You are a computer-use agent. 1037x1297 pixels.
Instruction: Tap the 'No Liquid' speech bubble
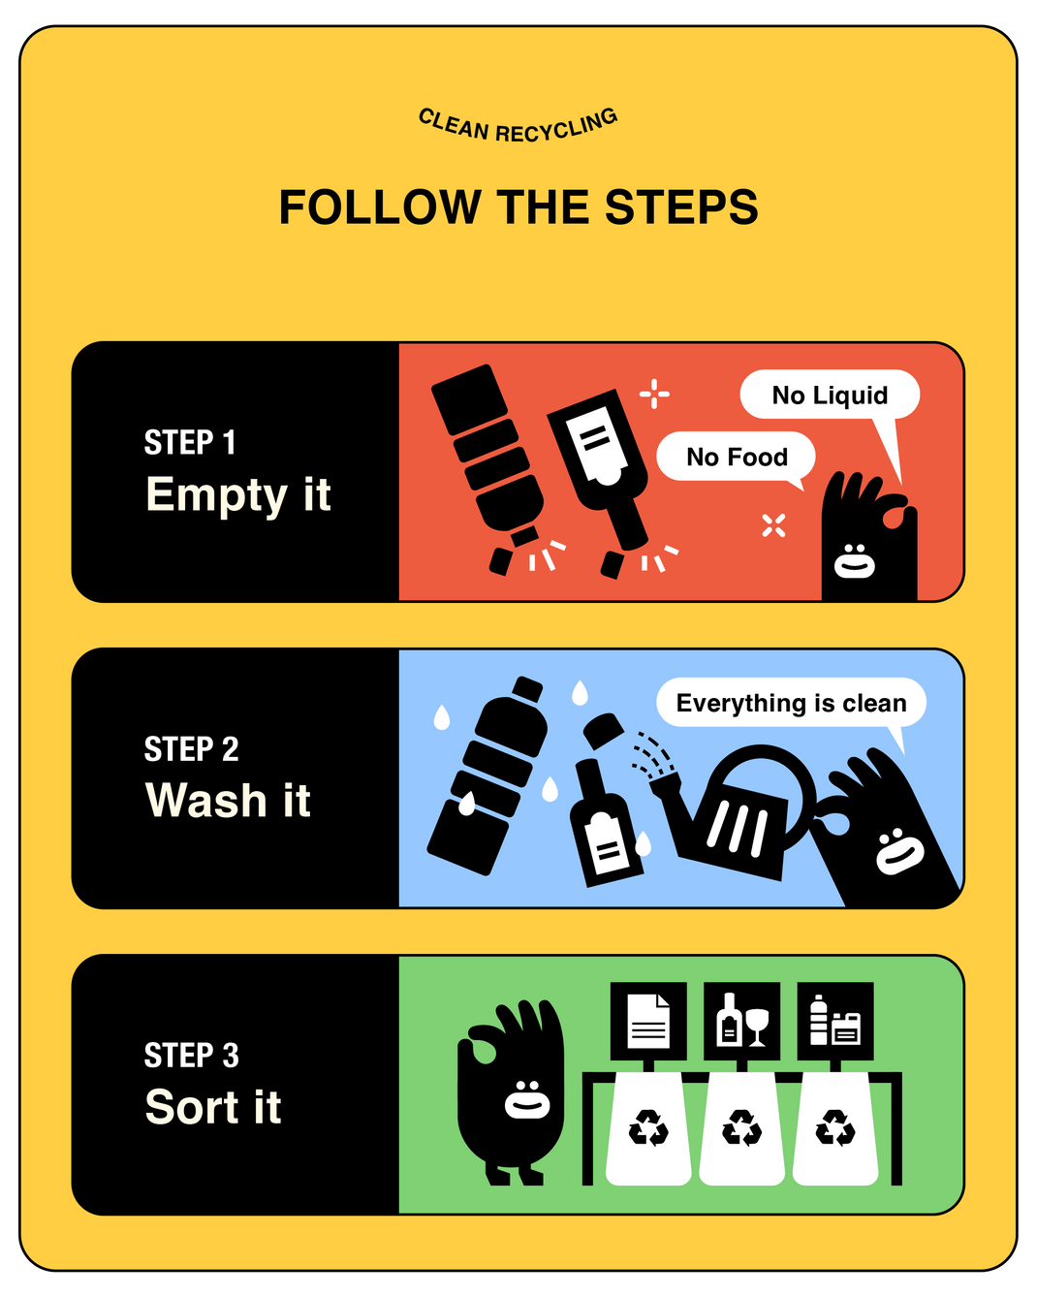pos(830,395)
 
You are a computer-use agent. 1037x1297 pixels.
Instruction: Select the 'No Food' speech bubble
pos(737,457)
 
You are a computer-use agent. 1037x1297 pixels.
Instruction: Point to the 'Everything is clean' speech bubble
pos(791,703)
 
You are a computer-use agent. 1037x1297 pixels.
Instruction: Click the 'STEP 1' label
pos(190,442)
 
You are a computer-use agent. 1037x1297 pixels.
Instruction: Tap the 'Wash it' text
pos(228,801)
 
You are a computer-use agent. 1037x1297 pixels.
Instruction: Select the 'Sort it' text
pos(213,1107)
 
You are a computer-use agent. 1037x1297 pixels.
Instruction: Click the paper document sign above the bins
pos(648,1021)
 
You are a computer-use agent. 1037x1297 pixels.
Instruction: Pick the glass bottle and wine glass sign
pos(741,1021)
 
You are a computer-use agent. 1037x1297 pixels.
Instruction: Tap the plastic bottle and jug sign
pos(835,1021)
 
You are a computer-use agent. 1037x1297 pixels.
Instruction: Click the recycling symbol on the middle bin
pos(741,1127)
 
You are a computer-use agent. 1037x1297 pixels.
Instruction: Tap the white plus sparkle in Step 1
pos(654,395)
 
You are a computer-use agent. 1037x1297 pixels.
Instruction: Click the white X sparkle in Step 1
pos(773,525)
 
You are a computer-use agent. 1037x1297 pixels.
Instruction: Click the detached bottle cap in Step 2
pos(603,731)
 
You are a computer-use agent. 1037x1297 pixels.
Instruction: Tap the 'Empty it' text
pos(238,495)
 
